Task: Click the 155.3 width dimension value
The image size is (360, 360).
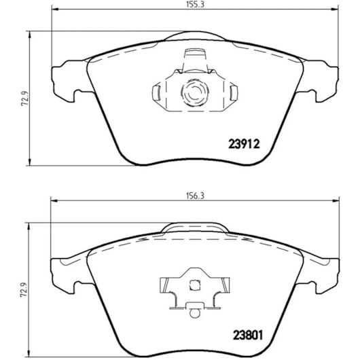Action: click(195, 4)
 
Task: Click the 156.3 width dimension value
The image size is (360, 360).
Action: click(195, 196)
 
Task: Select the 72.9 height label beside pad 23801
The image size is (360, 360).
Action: click(23, 290)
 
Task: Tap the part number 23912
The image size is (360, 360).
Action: click(244, 144)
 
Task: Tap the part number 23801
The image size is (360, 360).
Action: click(248, 336)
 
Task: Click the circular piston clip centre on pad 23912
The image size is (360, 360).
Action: click(195, 92)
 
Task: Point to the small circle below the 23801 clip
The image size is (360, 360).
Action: click(195, 312)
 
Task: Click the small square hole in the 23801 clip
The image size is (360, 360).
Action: click(194, 285)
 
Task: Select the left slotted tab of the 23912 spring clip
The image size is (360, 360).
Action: click(156, 93)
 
